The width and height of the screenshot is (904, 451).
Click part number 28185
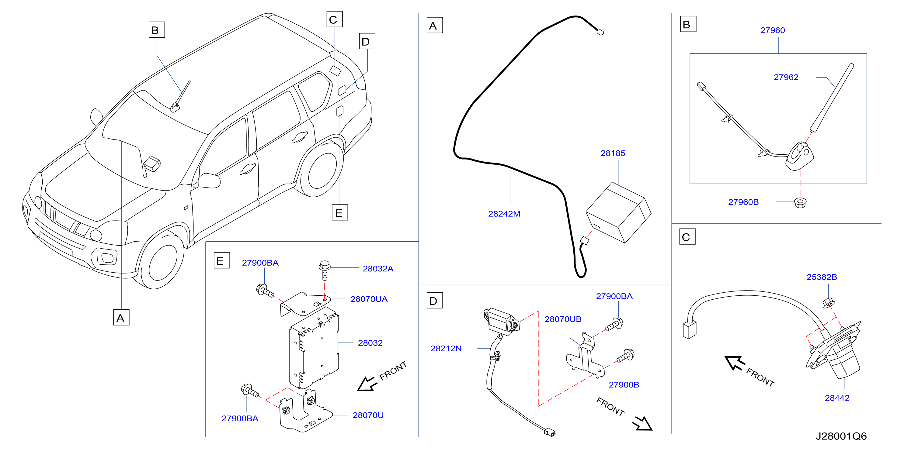point(613,153)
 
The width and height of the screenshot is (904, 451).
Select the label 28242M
point(504,214)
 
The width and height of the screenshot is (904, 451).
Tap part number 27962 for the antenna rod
point(786,77)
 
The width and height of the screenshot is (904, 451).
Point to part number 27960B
point(743,202)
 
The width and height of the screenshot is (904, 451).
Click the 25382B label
point(822,277)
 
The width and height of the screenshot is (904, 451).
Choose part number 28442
point(837,398)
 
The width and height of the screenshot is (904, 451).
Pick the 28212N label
point(446,349)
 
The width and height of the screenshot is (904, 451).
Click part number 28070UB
point(563,319)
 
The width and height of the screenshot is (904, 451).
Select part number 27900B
point(624,385)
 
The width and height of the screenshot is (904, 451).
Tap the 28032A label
point(378,269)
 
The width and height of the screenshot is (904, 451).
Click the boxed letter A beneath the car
point(121,317)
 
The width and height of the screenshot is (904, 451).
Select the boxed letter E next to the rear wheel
point(340,212)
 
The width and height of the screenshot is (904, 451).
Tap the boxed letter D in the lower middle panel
point(434,301)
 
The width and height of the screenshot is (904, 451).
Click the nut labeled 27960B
point(800,203)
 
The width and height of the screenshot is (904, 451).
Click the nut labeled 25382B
point(829,303)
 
